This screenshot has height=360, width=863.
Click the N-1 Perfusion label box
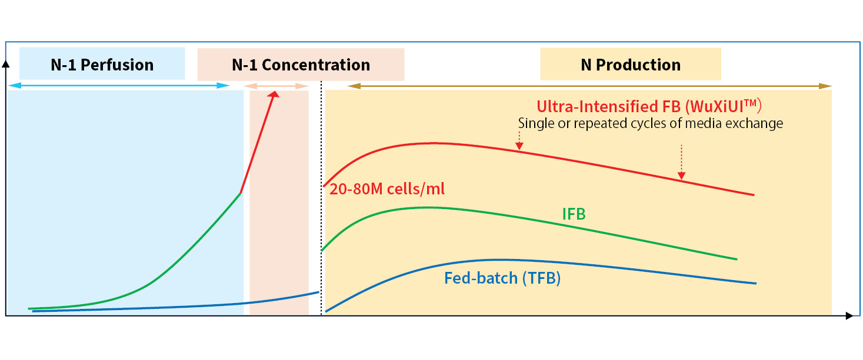[102, 65]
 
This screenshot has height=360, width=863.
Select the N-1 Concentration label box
[301, 65]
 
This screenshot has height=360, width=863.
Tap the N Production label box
[630, 65]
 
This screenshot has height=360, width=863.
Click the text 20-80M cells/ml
[387, 189]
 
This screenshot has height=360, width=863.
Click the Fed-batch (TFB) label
[502, 278]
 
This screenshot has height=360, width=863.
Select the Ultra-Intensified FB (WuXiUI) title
[649, 107]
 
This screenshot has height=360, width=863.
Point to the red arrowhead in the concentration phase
[274, 95]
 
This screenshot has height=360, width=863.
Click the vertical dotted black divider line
[321, 200]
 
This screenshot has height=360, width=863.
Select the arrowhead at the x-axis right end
[849, 316]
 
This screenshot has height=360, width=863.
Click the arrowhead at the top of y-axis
[6, 63]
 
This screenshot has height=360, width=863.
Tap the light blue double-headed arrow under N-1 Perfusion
[118, 86]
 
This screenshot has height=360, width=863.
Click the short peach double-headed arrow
[276, 86]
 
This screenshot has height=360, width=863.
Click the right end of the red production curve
[754, 194]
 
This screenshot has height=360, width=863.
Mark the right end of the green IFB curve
[737, 259]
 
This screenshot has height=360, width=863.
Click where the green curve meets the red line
[241, 193]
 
